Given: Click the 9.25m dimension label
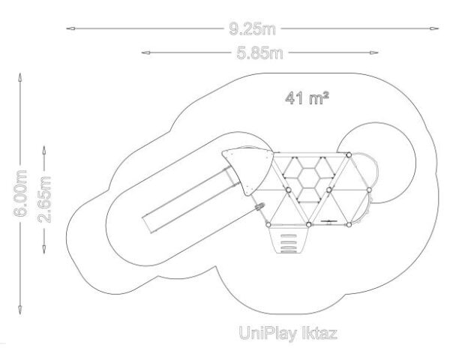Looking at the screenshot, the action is (x=252, y=29).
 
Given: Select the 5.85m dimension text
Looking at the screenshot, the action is (x=259, y=53).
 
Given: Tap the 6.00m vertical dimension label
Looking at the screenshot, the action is (x=20, y=193).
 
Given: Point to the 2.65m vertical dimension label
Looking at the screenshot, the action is (x=44, y=199).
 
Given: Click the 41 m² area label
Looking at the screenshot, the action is (x=307, y=98).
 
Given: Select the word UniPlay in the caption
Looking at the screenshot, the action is (x=268, y=334).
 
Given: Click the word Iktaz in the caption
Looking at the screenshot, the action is (x=319, y=334).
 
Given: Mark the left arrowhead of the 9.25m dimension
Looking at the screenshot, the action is (x=70, y=28).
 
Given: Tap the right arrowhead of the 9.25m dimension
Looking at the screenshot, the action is (x=434, y=28).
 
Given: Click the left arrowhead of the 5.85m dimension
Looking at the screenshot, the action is (x=145, y=52).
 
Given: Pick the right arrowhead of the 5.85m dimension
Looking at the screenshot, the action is (x=373, y=52).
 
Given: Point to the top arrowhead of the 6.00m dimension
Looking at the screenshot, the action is (x=20, y=77).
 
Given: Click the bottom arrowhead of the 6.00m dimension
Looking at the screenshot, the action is (x=20, y=310).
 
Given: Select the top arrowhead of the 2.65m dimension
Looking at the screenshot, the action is (x=44, y=150).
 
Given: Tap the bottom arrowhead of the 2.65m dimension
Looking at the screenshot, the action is (x=44, y=250).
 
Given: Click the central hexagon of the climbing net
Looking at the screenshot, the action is (x=309, y=178).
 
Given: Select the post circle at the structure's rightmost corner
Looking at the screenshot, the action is (x=369, y=190).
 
